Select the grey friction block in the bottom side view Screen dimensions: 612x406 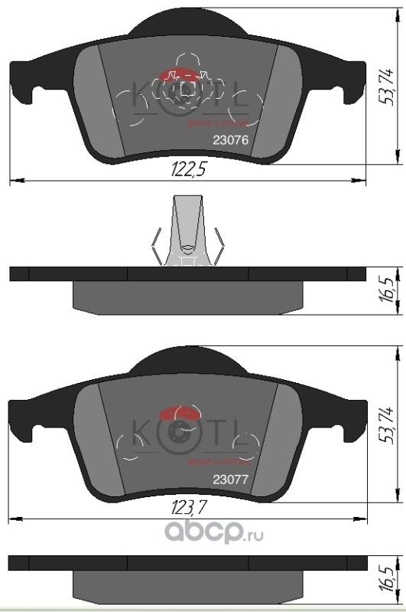point(187,586)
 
